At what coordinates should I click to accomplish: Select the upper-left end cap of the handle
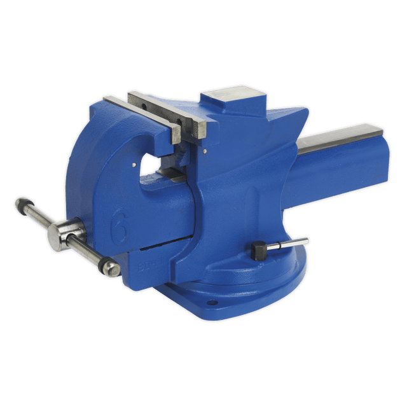20,205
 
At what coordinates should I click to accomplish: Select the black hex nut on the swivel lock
258,250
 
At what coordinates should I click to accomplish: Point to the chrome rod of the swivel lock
289,244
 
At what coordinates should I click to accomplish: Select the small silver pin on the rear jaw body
205,151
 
